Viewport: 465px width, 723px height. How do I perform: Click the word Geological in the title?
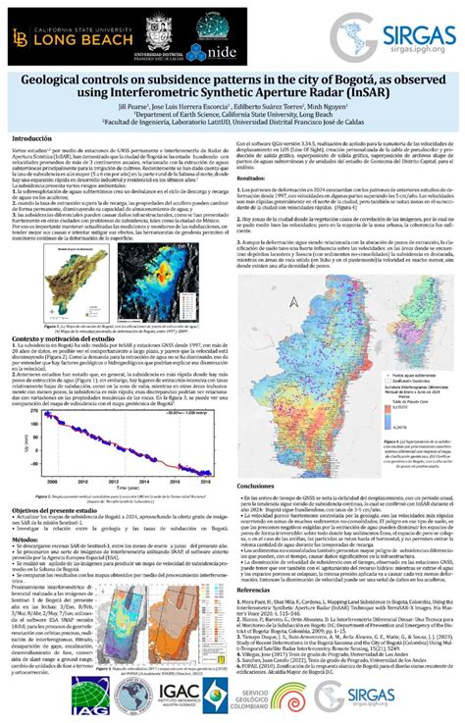pos(76,79)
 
